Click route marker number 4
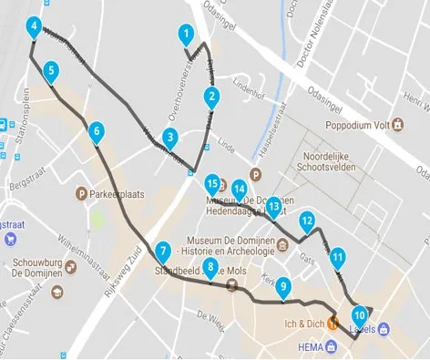click(x=34, y=26)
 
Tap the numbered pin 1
click(x=186, y=36)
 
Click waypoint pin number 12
click(x=308, y=221)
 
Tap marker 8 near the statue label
click(x=211, y=268)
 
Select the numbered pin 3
click(x=169, y=139)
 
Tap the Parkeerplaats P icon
click(x=83, y=193)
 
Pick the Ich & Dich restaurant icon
click(x=334, y=322)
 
